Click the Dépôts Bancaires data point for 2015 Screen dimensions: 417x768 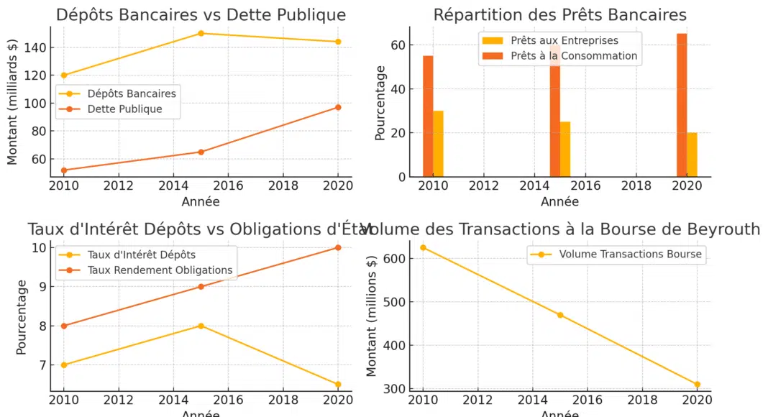(201, 33)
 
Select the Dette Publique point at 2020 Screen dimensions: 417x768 (338, 107)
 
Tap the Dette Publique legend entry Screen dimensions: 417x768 (124, 109)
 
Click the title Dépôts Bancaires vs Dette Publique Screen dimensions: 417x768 (201, 15)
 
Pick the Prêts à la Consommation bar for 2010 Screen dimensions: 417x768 (428, 116)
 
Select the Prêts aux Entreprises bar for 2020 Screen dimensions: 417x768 (692, 155)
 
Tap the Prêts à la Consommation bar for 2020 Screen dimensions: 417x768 (682, 105)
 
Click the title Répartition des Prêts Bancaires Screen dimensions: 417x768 (559, 15)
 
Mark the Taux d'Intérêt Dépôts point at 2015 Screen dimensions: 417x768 (201, 326)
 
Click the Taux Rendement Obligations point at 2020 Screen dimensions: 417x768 (338, 247)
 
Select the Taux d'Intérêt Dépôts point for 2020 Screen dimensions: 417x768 (338, 385)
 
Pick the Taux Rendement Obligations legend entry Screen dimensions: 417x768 (160, 270)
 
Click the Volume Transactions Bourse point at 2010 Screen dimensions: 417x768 (423, 247)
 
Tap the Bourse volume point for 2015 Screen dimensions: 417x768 (560, 315)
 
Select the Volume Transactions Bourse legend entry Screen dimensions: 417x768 (630, 254)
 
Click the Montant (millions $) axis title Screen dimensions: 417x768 (372, 316)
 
